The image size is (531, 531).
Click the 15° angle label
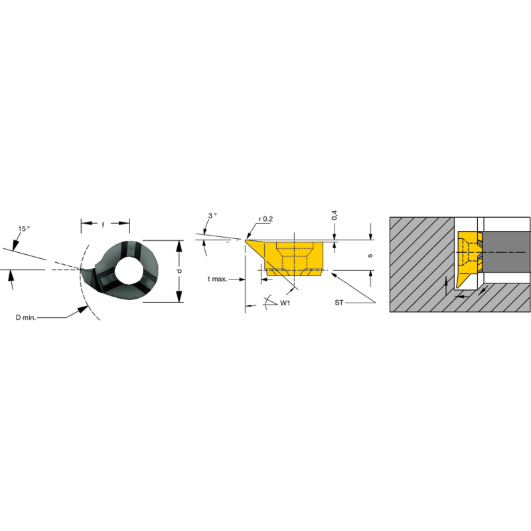(23, 229)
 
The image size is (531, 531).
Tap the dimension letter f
(103, 225)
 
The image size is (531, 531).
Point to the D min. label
(27, 317)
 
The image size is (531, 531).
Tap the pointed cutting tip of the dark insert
(82, 269)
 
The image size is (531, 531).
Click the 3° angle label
(212, 216)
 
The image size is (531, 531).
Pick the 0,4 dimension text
(335, 216)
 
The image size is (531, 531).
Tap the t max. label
(217, 279)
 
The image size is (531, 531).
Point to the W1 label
(286, 303)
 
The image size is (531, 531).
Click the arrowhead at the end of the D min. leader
(86, 307)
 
